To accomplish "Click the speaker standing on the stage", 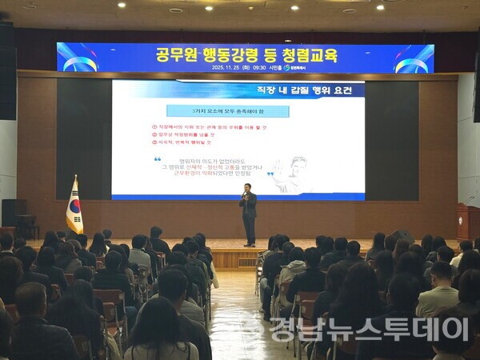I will pos(249,214).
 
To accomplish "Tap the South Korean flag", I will pos(74,207).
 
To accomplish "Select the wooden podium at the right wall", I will pos(468,221).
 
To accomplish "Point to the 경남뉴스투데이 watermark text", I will pos(368,329).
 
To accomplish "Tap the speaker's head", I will pos(247,188).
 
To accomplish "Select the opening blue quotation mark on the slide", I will pos(158,160).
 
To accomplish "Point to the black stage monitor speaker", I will pos(402,237).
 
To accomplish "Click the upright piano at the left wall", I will pos(14,212).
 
